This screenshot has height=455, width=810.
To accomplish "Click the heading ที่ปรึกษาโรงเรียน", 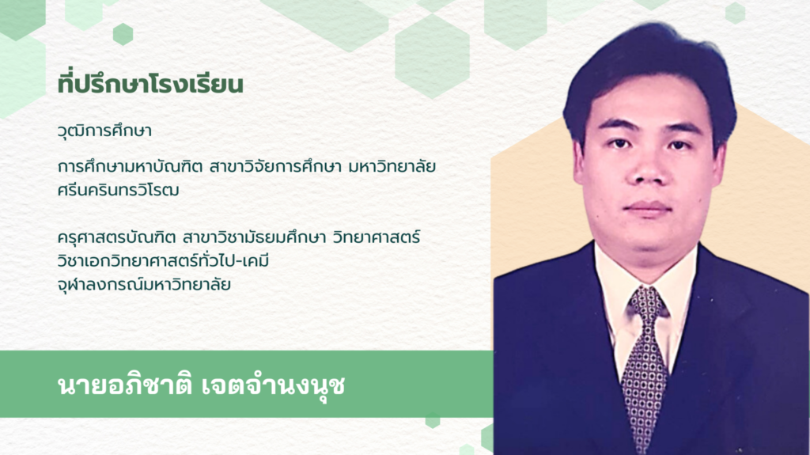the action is (x=150, y=85).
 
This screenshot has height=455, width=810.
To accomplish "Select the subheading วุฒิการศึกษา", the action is (x=105, y=131).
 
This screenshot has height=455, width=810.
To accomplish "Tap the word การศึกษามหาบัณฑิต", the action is (x=130, y=167).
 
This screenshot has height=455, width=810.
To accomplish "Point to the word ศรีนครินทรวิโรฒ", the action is (x=119, y=190).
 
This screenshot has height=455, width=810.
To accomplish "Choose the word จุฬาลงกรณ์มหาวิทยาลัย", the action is (x=144, y=284).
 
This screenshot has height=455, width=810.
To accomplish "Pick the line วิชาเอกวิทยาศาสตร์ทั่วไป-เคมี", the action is (x=163, y=260).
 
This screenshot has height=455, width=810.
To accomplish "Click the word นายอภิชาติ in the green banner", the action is (x=124, y=385).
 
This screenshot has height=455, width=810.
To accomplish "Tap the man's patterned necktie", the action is (x=645, y=366).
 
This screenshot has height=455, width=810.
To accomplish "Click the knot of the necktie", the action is (x=646, y=301).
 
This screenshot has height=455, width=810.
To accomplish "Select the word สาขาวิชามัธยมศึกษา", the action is (x=254, y=237).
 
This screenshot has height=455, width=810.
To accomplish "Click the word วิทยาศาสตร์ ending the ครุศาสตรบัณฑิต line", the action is (x=377, y=237).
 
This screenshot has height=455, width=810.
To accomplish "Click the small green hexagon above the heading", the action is (x=123, y=34).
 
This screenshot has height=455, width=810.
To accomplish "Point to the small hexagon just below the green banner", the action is (x=433, y=421).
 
